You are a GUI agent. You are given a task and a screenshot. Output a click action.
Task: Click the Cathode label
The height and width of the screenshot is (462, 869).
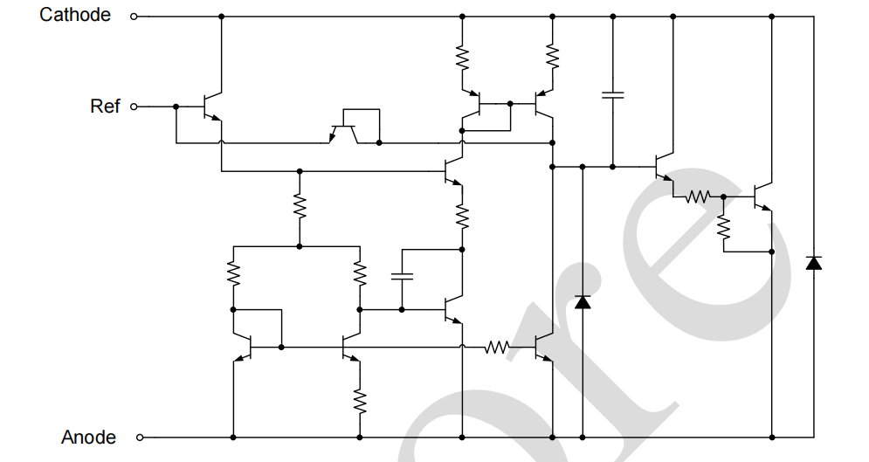click(x=75, y=15)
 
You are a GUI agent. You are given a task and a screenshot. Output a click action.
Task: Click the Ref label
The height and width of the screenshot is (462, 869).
click(x=105, y=106)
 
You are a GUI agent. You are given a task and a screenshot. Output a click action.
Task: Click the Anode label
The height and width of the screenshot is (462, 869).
click(x=88, y=437)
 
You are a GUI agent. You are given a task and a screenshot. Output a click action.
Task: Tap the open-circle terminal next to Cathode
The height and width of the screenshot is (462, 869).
click(x=134, y=16)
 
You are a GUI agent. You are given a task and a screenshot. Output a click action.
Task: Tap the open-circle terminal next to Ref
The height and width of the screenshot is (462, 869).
click(x=134, y=107)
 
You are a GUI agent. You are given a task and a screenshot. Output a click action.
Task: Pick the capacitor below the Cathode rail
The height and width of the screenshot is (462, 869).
click(x=612, y=94)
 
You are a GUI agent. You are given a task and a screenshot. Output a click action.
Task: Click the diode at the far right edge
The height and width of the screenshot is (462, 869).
click(x=813, y=262)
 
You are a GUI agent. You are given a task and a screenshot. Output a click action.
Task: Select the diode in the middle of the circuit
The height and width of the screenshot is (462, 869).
click(x=582, y=302)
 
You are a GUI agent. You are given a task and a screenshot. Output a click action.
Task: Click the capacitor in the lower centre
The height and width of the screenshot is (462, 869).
click(x=402, y=277)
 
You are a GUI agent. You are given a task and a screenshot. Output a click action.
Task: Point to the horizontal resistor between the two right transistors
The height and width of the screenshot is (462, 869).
click(x=698, y=197)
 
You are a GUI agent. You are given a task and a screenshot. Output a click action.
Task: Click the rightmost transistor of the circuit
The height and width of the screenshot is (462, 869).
click(x=762, y=197)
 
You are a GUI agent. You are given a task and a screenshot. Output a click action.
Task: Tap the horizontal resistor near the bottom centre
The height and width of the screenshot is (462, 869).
click(x=497, y=348)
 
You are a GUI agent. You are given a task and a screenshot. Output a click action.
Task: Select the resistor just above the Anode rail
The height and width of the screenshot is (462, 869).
click(x=359, y=400)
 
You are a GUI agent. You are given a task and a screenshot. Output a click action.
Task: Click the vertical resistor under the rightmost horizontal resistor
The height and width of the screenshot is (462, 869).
click(x=723, y=227)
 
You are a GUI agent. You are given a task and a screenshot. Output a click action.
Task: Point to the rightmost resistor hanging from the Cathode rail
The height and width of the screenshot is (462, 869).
click(x=552, y=56)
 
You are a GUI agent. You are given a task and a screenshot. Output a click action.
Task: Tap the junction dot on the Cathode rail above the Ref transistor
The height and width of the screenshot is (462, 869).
click(x=221, y=16)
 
